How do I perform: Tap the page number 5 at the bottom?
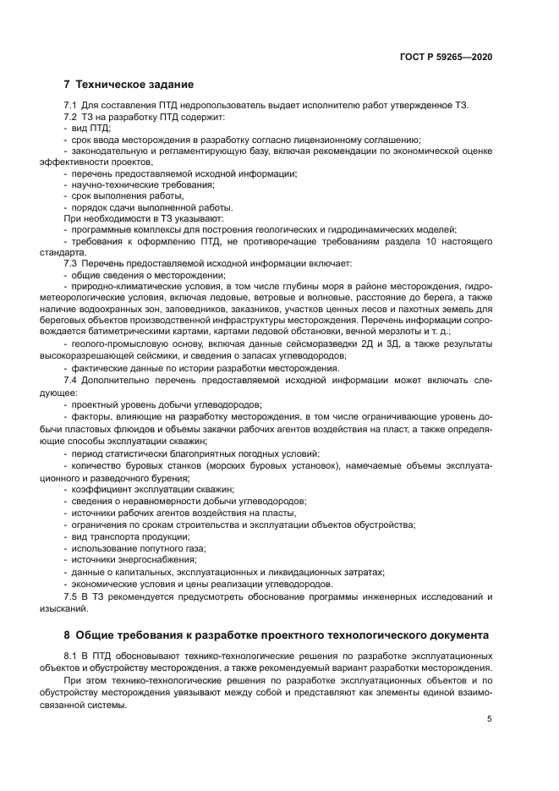tap(490, 719)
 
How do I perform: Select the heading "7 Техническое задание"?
tap(129, 85)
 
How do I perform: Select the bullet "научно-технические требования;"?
tap(140, 184)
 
